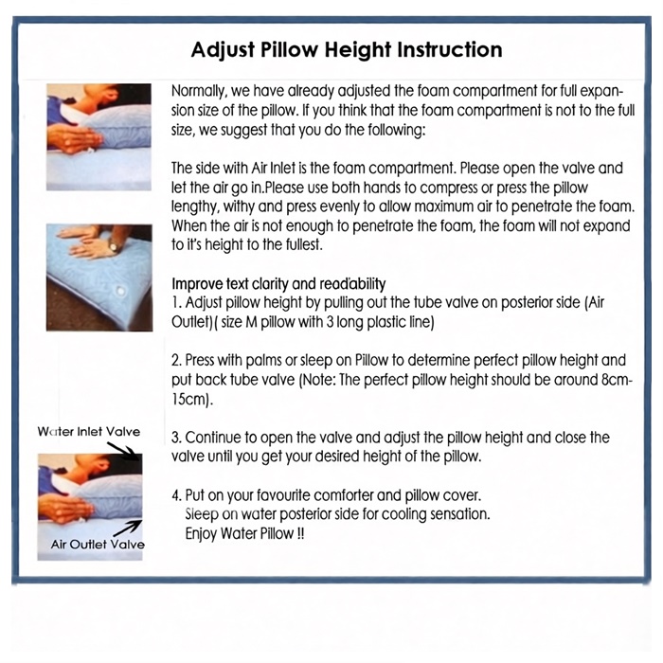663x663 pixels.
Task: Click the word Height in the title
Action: pyautogui.click(x=357, y=50)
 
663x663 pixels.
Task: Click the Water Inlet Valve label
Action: pyautogui.click(x=89, y=432)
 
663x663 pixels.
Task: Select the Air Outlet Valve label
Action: pyautogui.click(x=98, y=545)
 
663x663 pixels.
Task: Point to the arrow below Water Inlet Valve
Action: pyautogui.click(x=122, y=451)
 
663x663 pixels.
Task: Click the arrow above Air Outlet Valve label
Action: pyautogui.click(x=128, y=529)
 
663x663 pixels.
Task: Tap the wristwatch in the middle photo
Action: pyautogui.click(x=113, y=246)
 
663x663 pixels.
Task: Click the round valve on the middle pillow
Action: pyautogui.click(x=120, y=292)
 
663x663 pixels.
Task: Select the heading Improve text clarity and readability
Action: pyautogui.click(x=278, y=284)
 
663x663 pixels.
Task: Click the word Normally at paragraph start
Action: pyautogui.click(x=199, y=91)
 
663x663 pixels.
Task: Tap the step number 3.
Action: pyautogui.click(x=176, y=438)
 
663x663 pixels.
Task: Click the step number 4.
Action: pyautogui.click(x=176, y=495)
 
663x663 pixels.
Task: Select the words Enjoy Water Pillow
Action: pyautogui.click(x=241, y=533)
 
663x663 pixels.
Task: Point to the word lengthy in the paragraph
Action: pyautogui.click(x=195, y=207)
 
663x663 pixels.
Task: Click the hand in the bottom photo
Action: pyautogui.click(x=65, y=508)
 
